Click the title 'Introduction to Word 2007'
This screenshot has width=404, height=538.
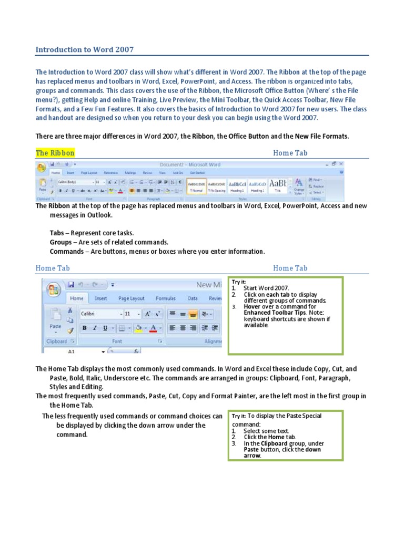click(85, 50)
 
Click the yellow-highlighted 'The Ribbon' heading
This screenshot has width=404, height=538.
click(55, 153)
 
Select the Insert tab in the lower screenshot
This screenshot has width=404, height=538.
click(101, 298)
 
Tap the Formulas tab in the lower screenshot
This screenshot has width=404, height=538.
click(166, 298)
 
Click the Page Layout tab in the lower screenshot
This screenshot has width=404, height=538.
click(132, 298)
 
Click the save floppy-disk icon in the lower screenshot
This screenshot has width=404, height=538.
click(70, 285)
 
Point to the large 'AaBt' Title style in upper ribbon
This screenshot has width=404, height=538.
click(278, 184)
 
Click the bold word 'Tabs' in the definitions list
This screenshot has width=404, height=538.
click(56, 233)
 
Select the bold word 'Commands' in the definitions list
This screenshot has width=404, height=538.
click(66, 252)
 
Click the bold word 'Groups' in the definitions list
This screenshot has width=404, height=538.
click(60, 242)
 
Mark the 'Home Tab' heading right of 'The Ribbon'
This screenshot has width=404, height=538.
click(290, 153)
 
